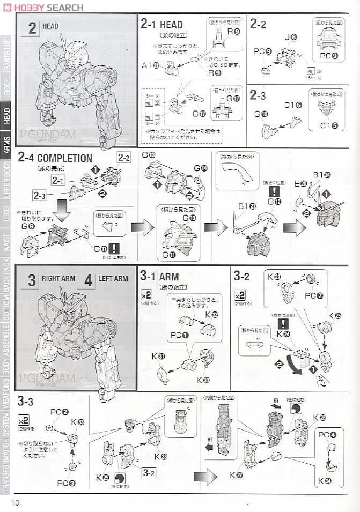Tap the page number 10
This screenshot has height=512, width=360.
(14, 502)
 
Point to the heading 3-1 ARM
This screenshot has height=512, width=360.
(160, 277)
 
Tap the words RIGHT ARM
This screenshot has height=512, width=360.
(58, 279)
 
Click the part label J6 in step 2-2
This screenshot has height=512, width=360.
(290, 37)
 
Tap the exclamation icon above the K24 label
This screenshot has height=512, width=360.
(283, 324)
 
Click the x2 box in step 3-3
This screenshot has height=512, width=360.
(24, 420)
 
